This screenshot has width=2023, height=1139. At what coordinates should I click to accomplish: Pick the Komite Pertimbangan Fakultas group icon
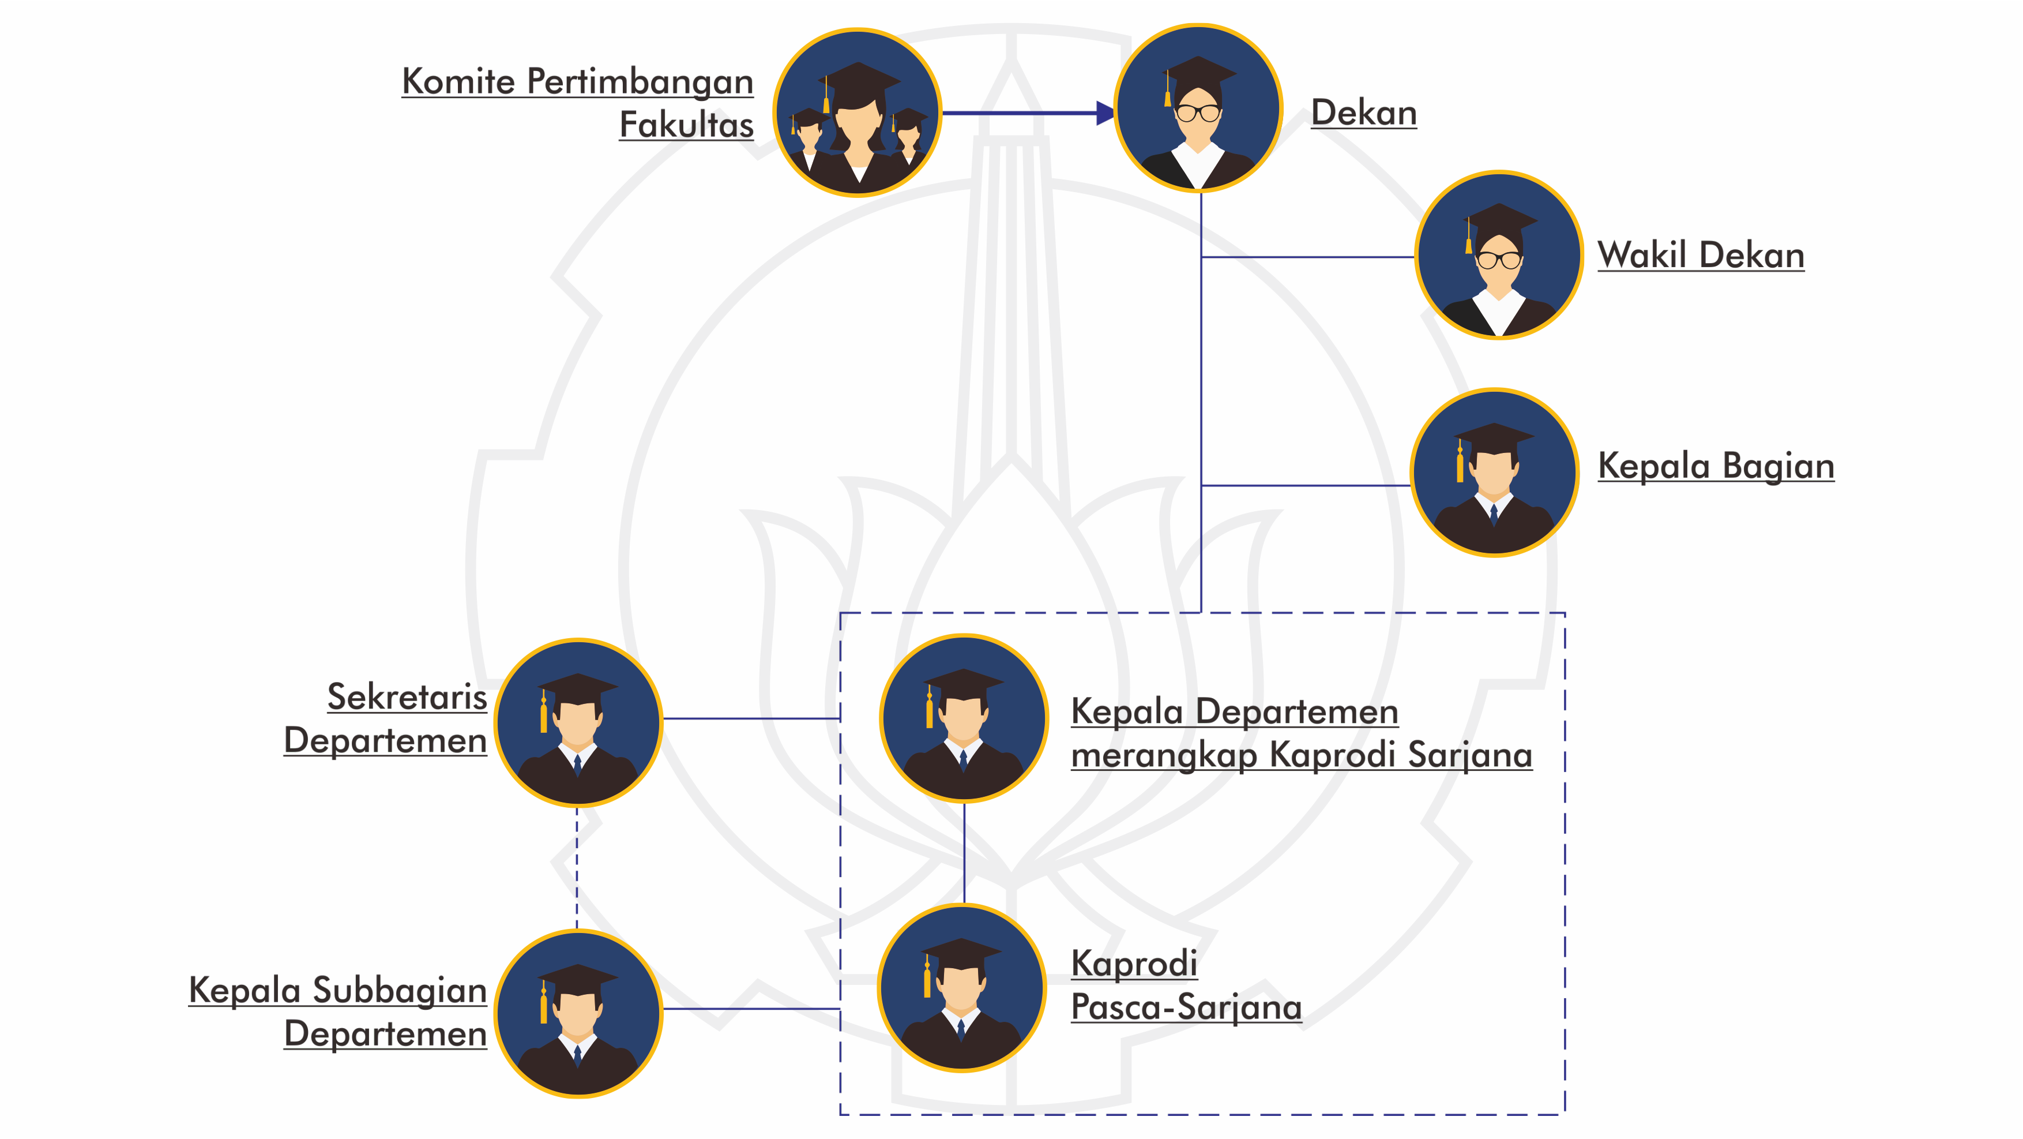tap(858, 113)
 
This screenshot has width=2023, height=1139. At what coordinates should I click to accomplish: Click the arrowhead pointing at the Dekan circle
tap(1105, 113)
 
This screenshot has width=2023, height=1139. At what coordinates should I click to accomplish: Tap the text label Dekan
tap(1364, 113)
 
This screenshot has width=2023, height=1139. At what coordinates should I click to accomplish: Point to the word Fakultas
tap(686, 125)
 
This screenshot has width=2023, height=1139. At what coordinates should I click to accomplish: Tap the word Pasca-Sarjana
tap(1186, 1007)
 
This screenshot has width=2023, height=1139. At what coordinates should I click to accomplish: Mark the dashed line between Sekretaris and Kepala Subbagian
tap(577, 868)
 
